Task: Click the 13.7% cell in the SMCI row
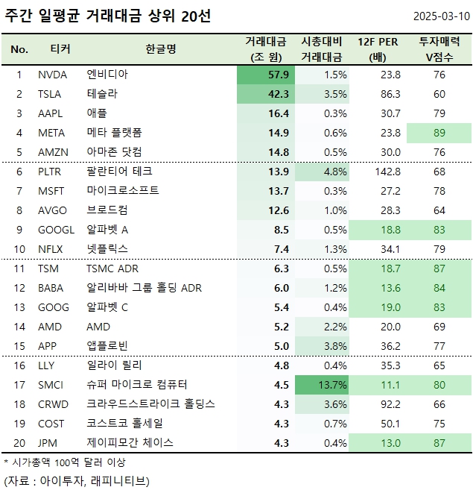pos(325,385)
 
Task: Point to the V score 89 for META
pos(439,133)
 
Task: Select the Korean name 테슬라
pos(102,94)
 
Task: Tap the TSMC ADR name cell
pos(112,269)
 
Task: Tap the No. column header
pos(19,49)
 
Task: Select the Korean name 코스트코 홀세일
pos(124,424)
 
